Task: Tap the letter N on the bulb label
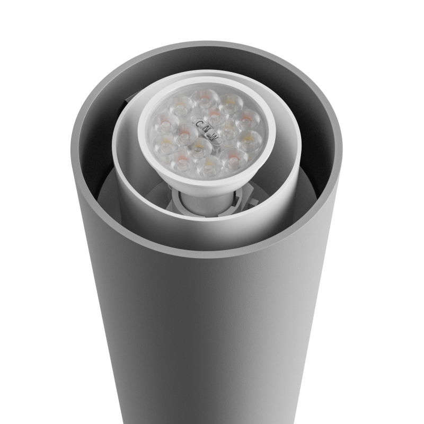pyautogui.click(x=207, y=130)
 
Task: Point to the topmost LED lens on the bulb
pyautogui.click(x=204, y=98)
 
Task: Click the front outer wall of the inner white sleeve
pyautogui.click(x=159, y=212)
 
